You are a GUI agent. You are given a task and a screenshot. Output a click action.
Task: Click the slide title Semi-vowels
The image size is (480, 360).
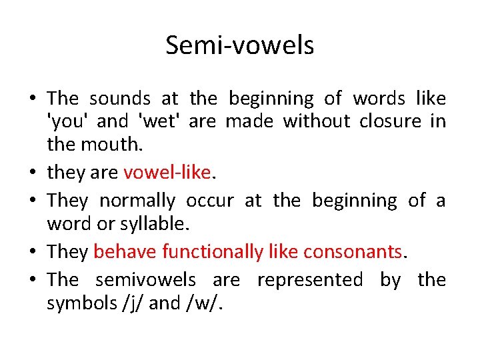(240, 45)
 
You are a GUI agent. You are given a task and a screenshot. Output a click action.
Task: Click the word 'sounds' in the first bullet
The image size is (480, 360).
(120, 99)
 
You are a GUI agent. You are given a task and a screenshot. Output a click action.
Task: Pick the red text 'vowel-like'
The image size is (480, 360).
(167, 173)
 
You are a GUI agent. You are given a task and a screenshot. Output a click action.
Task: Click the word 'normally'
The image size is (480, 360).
(137, 201)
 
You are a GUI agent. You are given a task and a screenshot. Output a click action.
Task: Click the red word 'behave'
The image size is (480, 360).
(125, 251)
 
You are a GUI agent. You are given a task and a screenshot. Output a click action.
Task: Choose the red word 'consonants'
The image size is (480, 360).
(353, 251)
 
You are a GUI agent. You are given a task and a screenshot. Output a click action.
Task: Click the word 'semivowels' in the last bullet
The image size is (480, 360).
(146, 280)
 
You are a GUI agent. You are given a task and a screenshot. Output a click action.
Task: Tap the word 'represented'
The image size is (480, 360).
(310, 280)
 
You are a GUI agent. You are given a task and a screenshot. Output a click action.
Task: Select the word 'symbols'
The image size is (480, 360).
(71, 303)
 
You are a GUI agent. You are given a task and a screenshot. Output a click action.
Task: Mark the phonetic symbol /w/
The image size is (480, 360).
(202, 303)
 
